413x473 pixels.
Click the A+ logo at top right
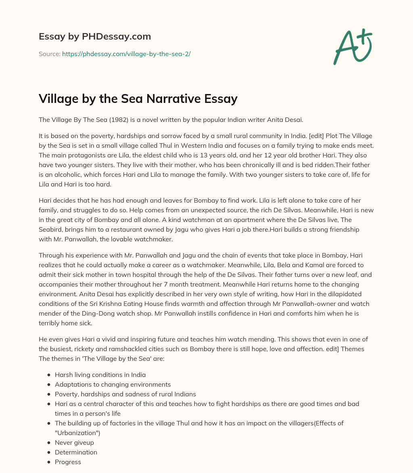[353, 47]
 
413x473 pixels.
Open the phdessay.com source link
[126, 54]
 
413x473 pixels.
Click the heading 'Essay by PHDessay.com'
[95, 37]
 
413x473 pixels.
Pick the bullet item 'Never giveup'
[74, 443]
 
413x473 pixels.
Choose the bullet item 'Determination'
[76, 452]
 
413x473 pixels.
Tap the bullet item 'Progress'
[68, 462]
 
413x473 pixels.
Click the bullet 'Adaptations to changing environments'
[113, 384]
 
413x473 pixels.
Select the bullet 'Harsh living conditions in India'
[100, 375]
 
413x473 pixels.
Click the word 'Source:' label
[49, 54]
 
